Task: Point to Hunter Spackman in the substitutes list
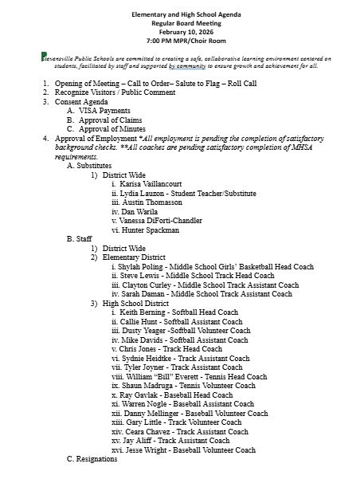[x=158, y=230]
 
